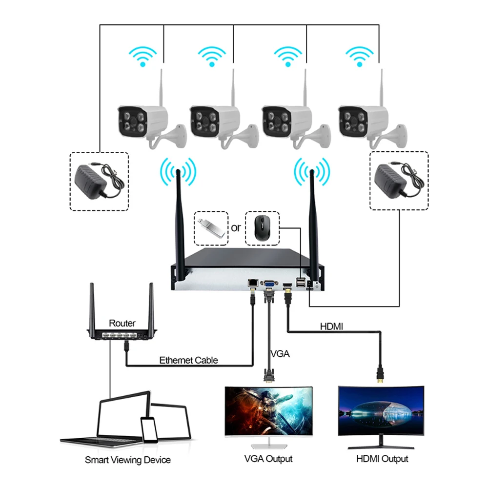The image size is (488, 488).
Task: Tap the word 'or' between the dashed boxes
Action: click(236, 227)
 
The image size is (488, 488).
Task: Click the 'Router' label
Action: click(122, 323)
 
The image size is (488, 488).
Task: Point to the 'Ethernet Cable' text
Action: click(188, 361)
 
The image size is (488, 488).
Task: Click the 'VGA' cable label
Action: click(280, 353)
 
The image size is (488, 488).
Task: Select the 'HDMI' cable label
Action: click(334, 326)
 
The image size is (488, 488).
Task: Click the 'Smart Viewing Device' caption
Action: click(128, 460)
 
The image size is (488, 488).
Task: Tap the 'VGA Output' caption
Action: click(268, 459)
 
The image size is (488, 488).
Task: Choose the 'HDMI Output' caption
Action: click(382, 459)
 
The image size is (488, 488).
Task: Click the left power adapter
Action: click(99, 181)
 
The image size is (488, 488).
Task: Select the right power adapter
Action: click(399, 180)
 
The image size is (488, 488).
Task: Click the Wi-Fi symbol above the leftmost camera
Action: click(142, 56)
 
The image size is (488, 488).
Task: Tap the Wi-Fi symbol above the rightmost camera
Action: click(360, 56)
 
